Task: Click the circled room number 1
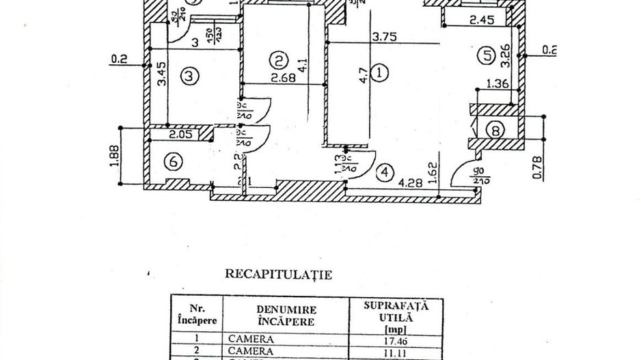click(381, 71)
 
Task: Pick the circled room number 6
click(174, 162)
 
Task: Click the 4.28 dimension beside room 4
click(409, 182)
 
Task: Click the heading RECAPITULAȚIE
click(279, 276)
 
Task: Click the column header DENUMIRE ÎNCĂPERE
click(286, 316)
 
